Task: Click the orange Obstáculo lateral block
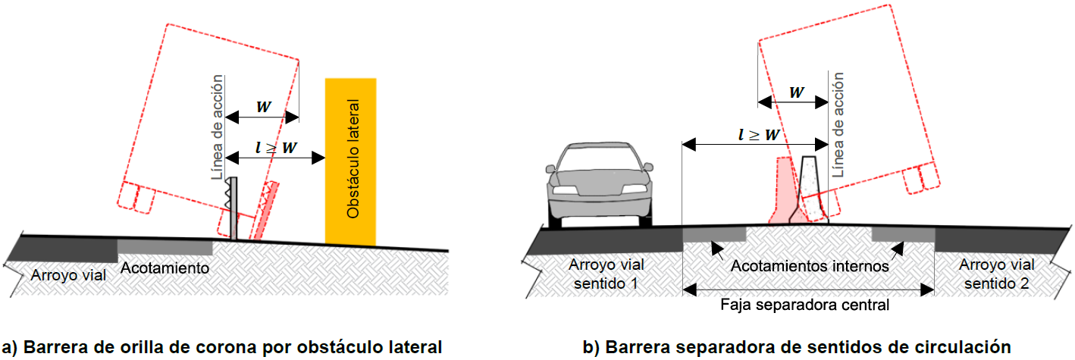(x=350, y=161)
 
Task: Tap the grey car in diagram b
(x=600, y=185)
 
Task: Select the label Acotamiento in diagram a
(x=165, y=268)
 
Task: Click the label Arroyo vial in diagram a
(x=68, y=275)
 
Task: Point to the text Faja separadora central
(x=805, y=305)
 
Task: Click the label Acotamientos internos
(x=810, y=266)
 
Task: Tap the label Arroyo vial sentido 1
(x=606, y=274)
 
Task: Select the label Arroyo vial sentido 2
(x=996, y=274)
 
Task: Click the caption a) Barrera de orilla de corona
(x=221, y=346)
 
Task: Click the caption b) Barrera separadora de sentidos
(x=797, y=346)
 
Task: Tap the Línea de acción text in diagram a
(x=218, y=127)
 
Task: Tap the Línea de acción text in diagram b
(x=838, y=125)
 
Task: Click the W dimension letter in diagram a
(x=264, y=107)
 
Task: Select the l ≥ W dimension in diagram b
(x=759, y=135)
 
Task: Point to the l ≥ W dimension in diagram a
(x=276, y=147)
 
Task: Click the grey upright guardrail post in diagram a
(x=233, y=208)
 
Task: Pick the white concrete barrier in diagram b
(x=809, y=189)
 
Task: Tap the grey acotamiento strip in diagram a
(x=165, y=247)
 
